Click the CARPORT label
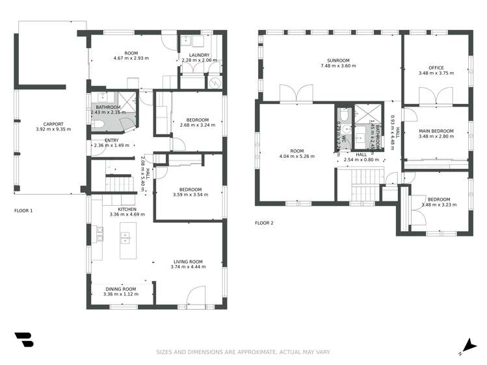click(53, 123)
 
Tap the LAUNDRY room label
click(200, 55)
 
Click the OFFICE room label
click(435, 68)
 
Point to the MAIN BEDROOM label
click(436, 131)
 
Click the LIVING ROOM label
click(187, 262)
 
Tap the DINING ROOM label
click(121, 289)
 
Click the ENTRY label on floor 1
click(111, 140)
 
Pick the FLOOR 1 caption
click(23, 211)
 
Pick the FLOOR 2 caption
click(264, 223)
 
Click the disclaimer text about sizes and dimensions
click(243, 352)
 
